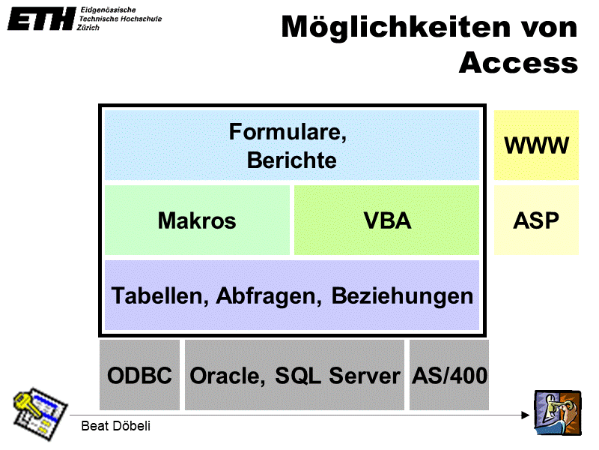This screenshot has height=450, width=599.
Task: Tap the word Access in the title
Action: (518, 62)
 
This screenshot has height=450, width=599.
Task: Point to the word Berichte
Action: (291, 160)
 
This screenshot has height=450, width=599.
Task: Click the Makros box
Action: (197, 220)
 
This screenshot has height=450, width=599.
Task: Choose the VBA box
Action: (386, 220)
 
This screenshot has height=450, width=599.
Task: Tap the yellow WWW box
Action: (536, 145)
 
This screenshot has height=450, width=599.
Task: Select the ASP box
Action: (536, 220)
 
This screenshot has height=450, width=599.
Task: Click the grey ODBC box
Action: (140, 375)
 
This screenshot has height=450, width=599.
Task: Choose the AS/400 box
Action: (449, 375)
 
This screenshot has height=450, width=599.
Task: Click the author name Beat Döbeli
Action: (115, 427)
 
